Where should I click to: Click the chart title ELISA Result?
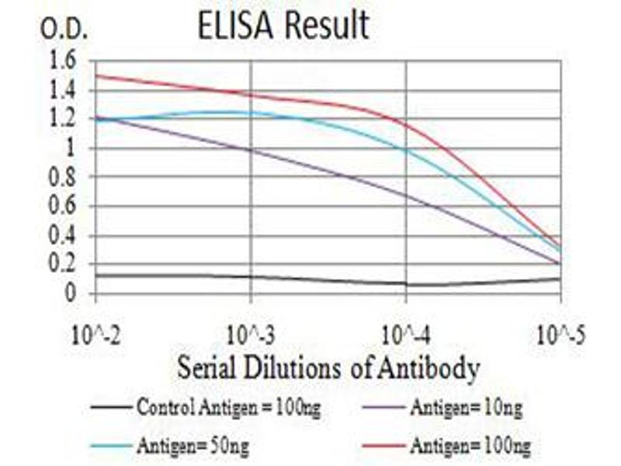(x=283, y=26)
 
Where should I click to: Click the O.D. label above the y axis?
(x=65, y=31)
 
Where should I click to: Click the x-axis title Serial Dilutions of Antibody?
(x=328, y=368)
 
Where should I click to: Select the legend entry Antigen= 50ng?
(x=194, y=446)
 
